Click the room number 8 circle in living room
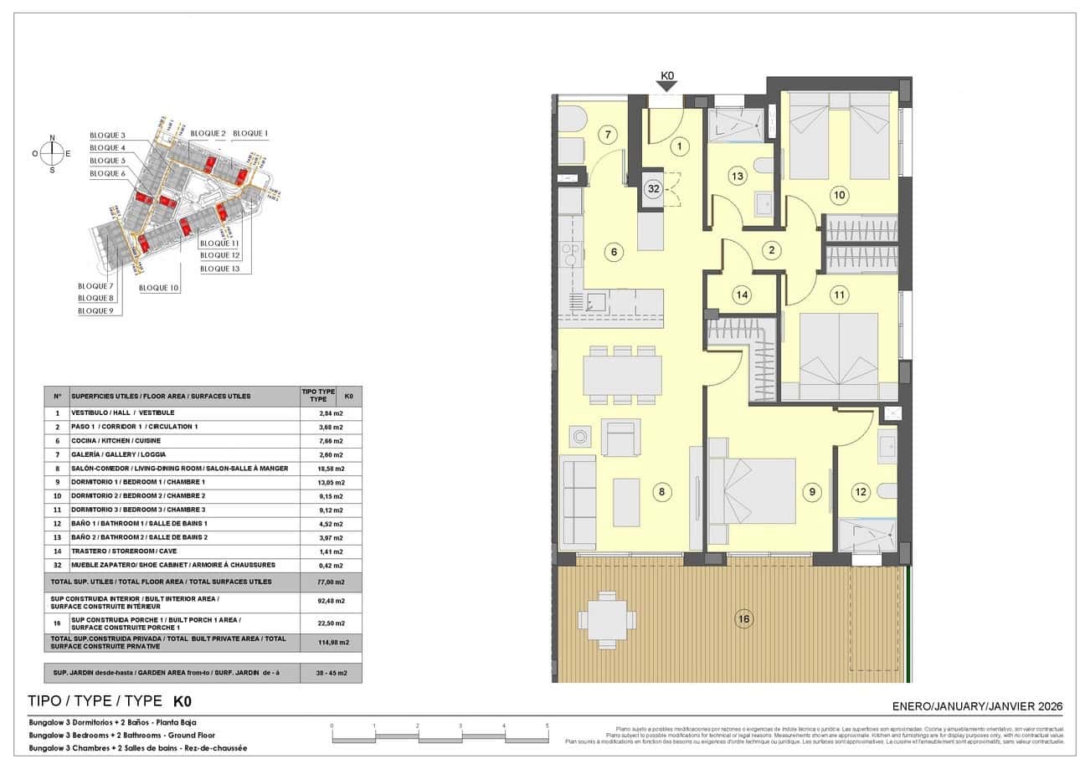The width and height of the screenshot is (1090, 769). click(661, 492)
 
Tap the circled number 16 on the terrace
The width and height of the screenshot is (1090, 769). click(743, 619)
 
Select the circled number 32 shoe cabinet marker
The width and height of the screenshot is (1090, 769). click(653, 189)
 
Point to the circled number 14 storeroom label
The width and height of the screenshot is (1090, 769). click(741, 295)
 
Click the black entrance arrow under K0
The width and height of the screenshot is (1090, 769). click(667, 86)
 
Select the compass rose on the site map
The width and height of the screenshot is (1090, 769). click(52, 153)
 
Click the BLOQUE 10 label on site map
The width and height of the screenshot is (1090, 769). click(159, 288)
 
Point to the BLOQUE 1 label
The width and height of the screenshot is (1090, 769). click(250, 134)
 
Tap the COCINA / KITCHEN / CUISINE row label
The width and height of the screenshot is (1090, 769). click(116, 441)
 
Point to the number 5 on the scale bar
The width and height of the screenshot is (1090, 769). click(547, 726)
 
